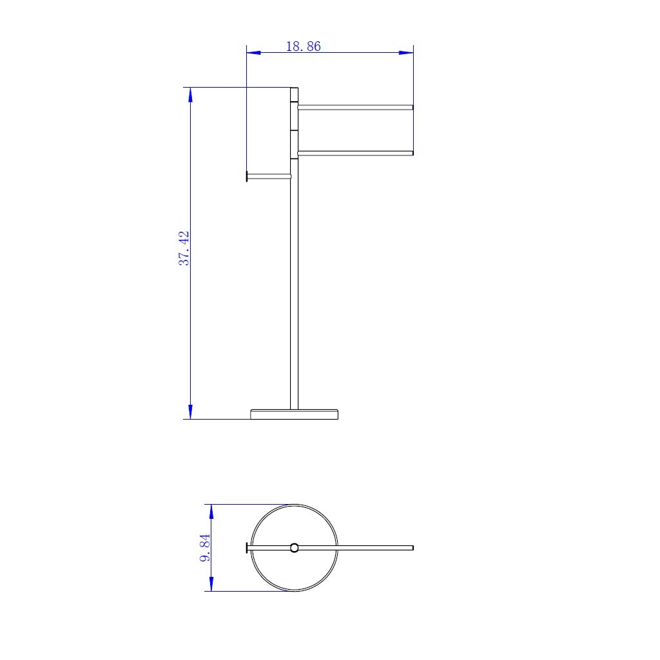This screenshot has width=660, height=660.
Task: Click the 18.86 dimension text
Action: click(x=303, y=46)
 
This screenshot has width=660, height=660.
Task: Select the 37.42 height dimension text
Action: click(x=184, y=248)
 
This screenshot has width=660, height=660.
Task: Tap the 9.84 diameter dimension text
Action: click(x=205, y=548)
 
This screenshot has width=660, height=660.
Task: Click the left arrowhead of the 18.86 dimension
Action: click(x=253, y=53)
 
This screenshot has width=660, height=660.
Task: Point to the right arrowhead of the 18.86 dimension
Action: click(x=406, y=53)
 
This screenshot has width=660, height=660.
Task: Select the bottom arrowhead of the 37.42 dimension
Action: click(x=190, y=412)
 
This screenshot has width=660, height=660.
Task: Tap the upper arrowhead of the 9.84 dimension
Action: click(x=211, y=511)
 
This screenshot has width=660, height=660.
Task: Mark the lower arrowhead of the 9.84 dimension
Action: click(x=211, y=584)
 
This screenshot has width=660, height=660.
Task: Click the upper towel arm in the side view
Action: click(x=355, y=108)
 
